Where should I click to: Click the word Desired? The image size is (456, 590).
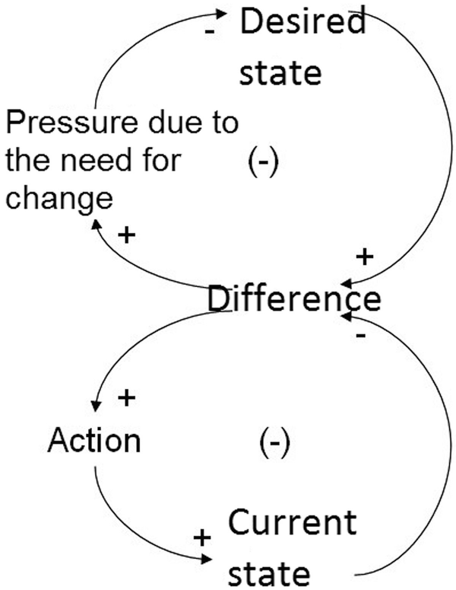pyautogui.click(x=302, y=23)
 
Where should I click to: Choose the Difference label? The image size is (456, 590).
pyautogui.click(x=293, y=299)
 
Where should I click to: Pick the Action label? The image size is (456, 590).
pyautogui.click(x=93, y=441)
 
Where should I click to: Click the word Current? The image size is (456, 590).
pyautogui.click(x=293, y=523)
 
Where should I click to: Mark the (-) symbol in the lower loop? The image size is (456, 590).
pyautogui.click(x=273, y=442)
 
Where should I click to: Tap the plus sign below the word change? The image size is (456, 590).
pyautogui.click(x=125, y=234)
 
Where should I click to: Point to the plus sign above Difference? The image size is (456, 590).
pyautogui.click(x=365, y=257)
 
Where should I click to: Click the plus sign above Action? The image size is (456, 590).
pyautogui.click(x=127, y=397)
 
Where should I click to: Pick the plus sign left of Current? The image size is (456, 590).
pyautogui.click(x=201, y=538)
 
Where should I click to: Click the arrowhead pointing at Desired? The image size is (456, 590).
pyautogui.click(x=222, y=14)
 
